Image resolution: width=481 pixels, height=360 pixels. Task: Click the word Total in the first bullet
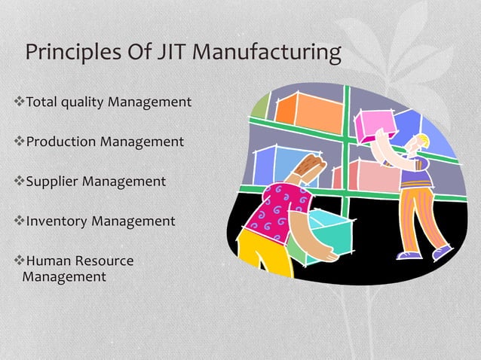[x=42, y=101]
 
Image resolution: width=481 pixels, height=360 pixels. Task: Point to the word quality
[x=84, y=102]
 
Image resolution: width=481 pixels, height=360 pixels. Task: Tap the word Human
[x=47, y=261]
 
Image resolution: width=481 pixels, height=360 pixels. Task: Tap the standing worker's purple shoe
[x=441, y=252]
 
